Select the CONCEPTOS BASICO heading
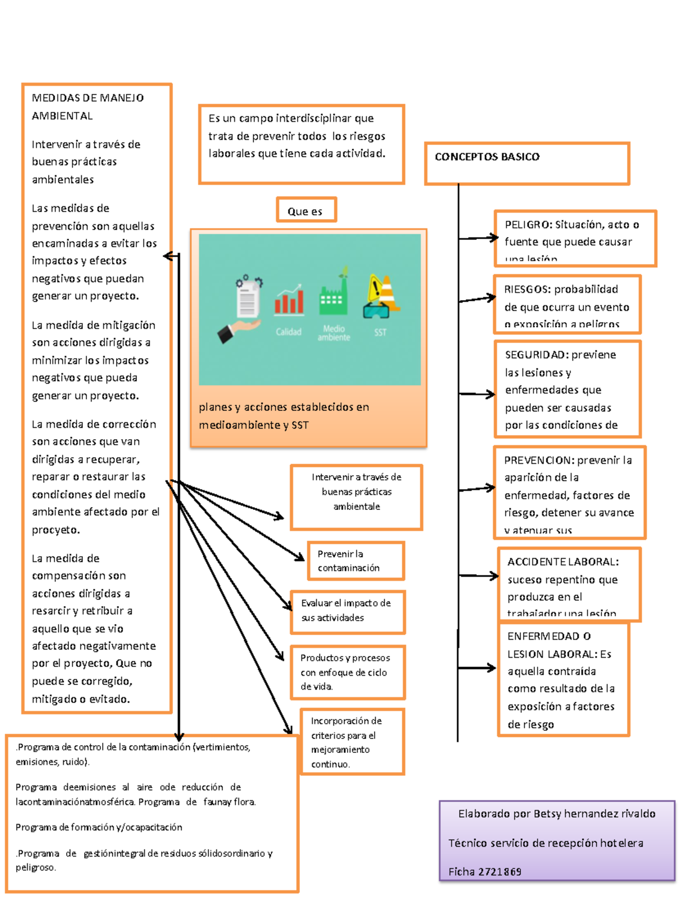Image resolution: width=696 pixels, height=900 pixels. pyautogui.click(x=487, y=157)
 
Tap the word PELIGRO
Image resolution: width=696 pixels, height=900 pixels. pyautogui.click(x=527, y=225)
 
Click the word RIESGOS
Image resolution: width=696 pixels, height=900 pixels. pyautogui.click(x=527, y=289)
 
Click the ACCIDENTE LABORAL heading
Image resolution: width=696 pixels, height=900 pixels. pyautogui.click(x=563, y=562)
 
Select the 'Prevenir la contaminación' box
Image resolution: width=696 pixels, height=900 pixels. pyautogui.click(x=355, y=561)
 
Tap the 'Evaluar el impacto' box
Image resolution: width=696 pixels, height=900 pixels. pyautogui.click(x=347, y=611)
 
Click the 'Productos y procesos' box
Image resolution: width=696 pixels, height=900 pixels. pyautogui.click(x=347, y=672)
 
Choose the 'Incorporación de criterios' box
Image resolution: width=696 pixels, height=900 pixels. pyautogui.click(x=351, y=742)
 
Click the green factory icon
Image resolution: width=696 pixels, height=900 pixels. pyautogui.click(x=333, y=296)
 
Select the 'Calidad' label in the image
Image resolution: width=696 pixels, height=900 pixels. pyautogui.click(x=288, y=332)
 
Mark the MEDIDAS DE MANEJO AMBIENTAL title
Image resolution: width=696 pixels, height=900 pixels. pyautogui.click(x=88, y=107)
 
